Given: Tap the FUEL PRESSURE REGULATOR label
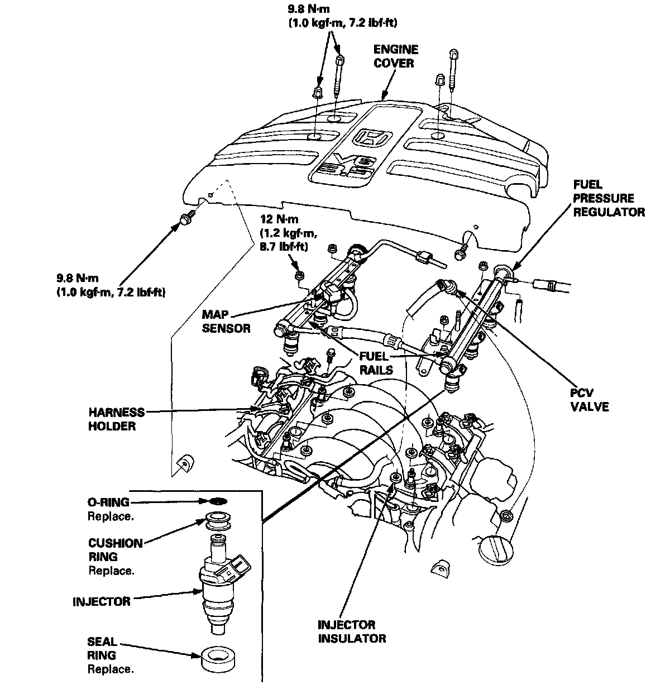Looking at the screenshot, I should tap(609, 198).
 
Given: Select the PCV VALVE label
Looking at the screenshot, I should tap(589, 400).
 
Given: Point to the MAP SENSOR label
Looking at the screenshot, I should tap(226, 321).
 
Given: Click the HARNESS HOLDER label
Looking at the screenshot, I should tap(116, 419).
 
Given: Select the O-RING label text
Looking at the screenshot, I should tap(108, 502).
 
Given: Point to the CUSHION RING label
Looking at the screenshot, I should tap(115, 549).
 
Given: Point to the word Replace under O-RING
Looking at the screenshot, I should tap(111, 516).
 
